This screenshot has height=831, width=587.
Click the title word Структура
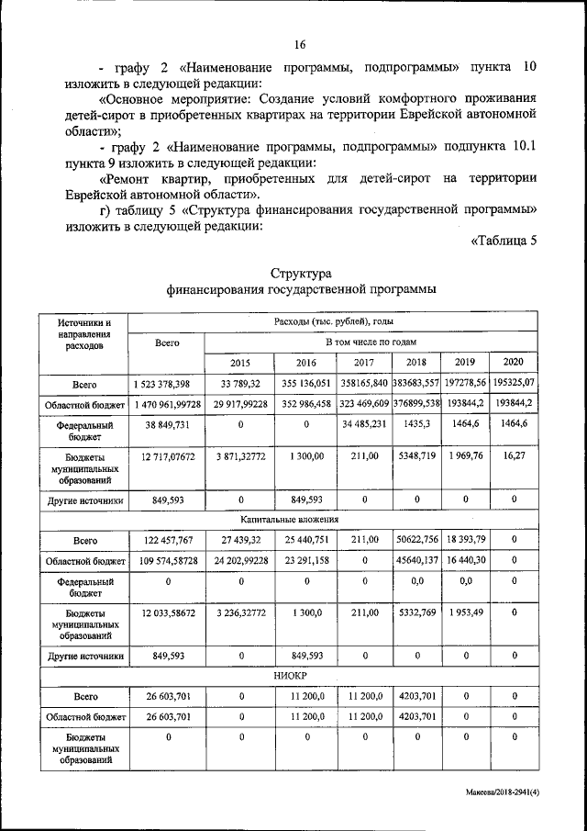pyautogui.click(x=301, y=274)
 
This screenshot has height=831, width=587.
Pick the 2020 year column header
pyautogui.click(x=514, y=361)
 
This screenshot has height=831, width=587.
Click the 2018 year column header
pyautogui.click(x=416, y=362)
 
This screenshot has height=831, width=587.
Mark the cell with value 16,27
pyautogui.click(x=514, y=466)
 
